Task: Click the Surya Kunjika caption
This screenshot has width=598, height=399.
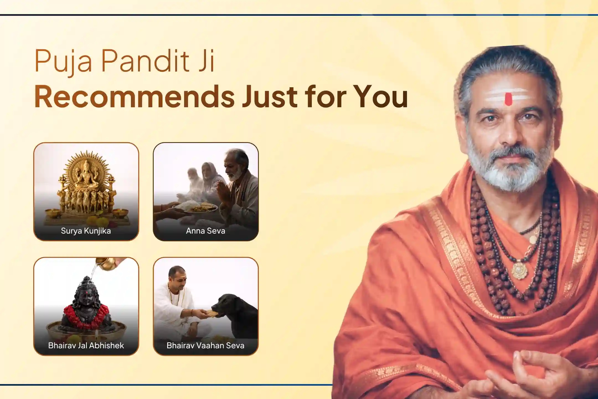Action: coord(86,231)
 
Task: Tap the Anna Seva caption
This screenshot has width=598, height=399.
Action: coord(205,231)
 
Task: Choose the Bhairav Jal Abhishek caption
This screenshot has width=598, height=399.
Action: coord(86,345)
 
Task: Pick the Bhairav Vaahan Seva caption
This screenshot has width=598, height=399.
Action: coord(205,345)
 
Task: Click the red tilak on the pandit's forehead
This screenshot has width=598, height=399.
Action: coord(508,99)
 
